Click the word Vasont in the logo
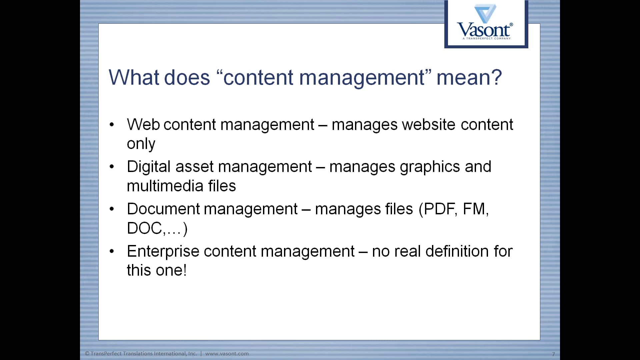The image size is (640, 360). (x=483, y=30)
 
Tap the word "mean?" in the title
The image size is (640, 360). (x=469, y=77)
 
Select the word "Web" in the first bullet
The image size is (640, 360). (x=143, y=125)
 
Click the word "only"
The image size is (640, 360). (x=141, y=144)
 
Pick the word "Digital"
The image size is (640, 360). (x=149, y=167)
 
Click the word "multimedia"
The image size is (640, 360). (x=165, y=186)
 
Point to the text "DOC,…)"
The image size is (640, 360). (x=157, y=229)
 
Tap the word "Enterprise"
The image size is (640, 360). (x=163, y=251)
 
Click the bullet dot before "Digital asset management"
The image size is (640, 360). (x=112, y=167)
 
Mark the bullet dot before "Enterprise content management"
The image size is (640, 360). (x=112, y=251)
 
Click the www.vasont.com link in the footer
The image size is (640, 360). (x=227, y=354)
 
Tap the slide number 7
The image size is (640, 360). (x=553, y=354)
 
